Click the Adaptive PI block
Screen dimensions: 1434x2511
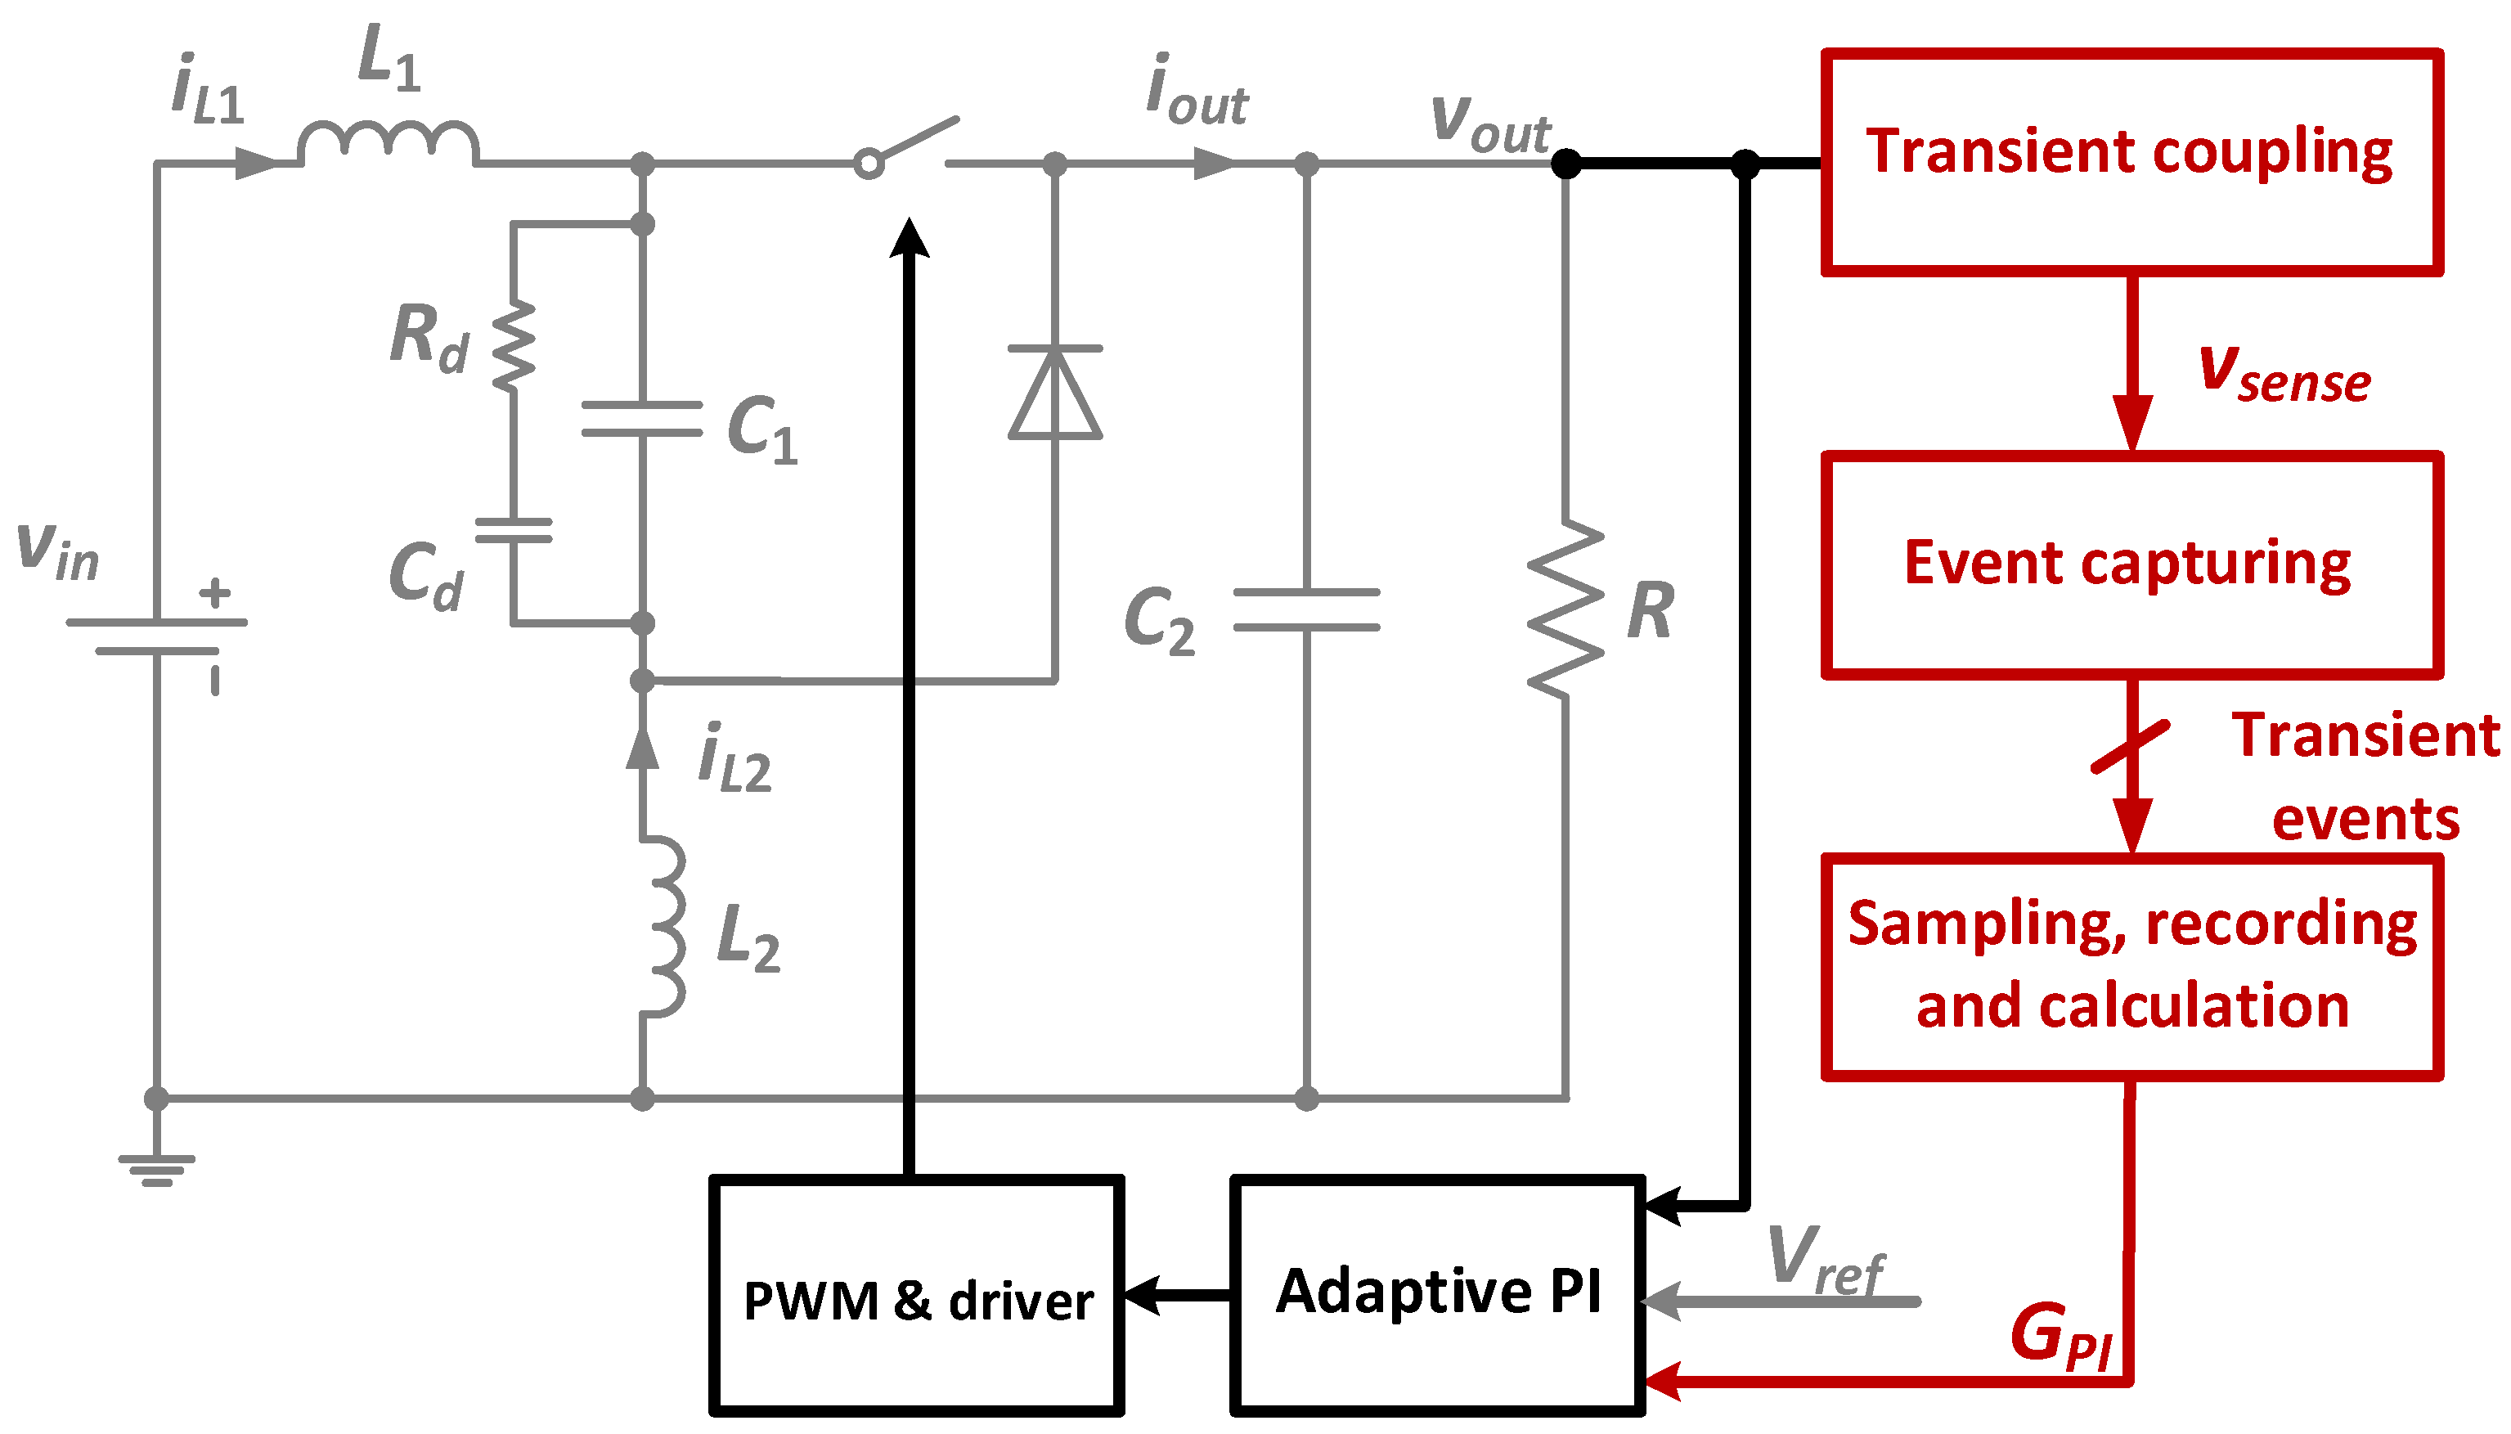[x=1438, y=1294]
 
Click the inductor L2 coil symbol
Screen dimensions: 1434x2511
[x=662, y=926]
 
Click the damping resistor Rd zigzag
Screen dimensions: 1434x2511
[x=513, y=347]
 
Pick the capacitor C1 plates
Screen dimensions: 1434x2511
[x=641, y=419]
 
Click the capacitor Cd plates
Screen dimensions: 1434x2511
[x=513, y=531]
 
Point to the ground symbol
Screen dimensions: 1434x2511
[x=156, y=1168]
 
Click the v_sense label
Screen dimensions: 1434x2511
[x=2284, y=375]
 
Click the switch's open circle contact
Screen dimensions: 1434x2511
[x=869, y=164]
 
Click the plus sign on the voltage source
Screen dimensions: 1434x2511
[x=214, y=593]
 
